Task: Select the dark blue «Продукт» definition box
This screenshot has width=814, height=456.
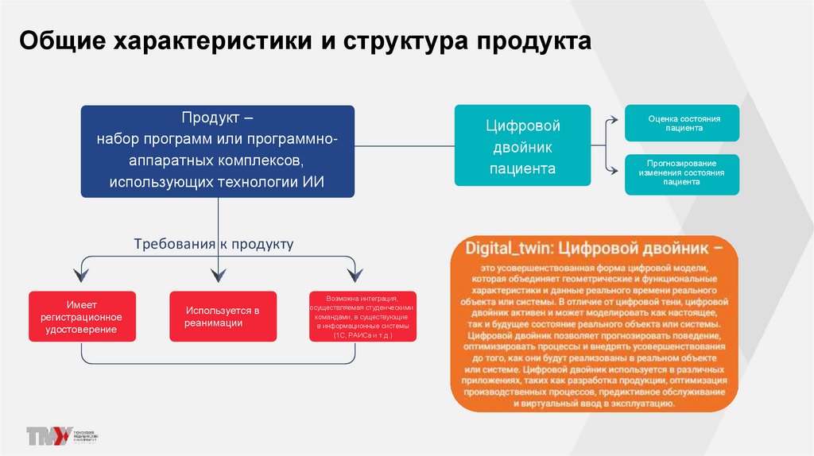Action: (218, 151)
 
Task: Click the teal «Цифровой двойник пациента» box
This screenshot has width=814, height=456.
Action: (522, 146)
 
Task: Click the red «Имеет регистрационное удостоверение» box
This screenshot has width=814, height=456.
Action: (82, 316)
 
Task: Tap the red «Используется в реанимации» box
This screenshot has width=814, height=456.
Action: (223, 316)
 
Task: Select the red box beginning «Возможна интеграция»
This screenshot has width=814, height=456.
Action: (362, 316)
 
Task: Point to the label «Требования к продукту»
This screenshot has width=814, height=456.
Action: (214, 244)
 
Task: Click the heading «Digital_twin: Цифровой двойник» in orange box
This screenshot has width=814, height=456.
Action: (595, 248)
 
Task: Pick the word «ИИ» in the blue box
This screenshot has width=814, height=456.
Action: (314, 183)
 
